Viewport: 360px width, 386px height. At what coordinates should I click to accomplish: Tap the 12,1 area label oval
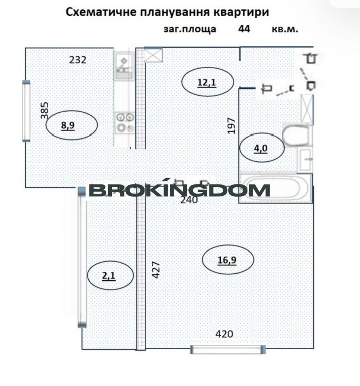208,82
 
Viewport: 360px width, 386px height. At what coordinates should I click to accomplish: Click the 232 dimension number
78,60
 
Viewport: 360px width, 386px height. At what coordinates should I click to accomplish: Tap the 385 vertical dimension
44,110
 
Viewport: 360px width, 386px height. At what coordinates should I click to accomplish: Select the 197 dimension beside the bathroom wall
232,125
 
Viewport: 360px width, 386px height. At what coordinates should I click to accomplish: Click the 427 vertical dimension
156,270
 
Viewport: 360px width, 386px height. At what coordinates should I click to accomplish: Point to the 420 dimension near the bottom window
224,334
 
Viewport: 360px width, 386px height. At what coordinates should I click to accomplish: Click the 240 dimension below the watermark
189,200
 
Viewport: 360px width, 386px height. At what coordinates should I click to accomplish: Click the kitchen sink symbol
124,66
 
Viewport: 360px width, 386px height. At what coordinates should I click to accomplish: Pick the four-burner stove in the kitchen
125,122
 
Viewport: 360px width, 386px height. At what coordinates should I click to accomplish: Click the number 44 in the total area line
244,29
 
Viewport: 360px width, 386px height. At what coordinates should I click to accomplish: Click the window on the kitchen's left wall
26,111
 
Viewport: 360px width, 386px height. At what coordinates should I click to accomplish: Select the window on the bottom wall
228,349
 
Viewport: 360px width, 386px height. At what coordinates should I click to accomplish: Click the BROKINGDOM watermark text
179,190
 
